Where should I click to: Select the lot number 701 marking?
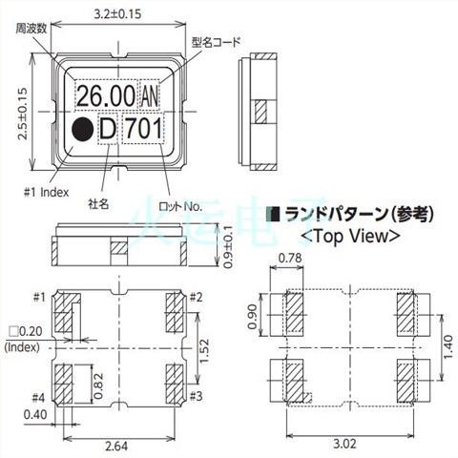(x=145, y=129)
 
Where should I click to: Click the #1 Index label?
(x=50, y=190)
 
